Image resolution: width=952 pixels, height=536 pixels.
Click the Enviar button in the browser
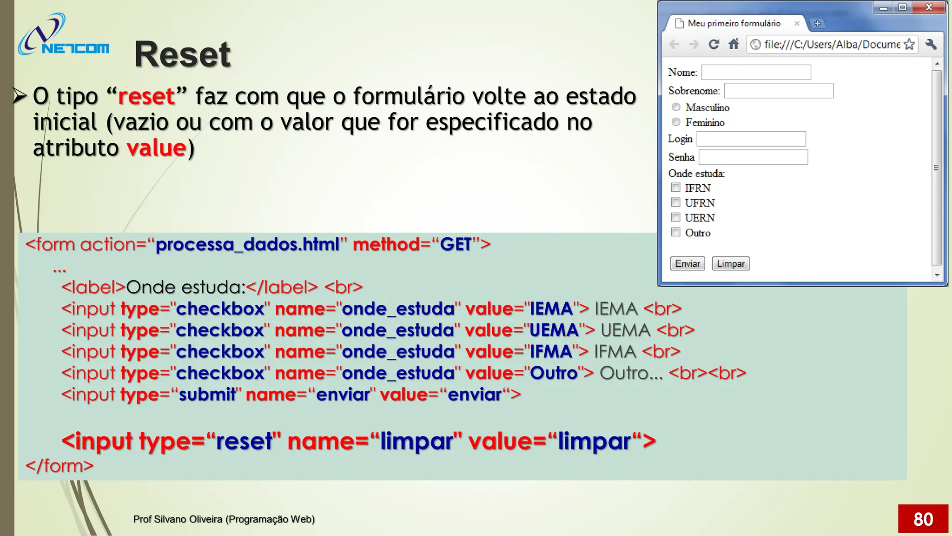(x=687, y=264)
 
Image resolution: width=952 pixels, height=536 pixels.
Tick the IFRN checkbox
(x=676, y=188)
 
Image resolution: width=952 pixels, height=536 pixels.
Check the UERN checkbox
(x=676, y=217)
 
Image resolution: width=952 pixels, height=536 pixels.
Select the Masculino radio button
(x=676, y=107)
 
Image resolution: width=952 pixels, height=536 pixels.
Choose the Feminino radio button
(x=676, y=122)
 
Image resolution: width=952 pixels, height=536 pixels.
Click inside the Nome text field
(x=756, y=73)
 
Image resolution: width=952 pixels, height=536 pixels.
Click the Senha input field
(x=753, y=157)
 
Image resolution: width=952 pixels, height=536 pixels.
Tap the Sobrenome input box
(x=779, y=91)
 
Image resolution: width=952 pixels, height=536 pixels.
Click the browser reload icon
(x=714, y=44)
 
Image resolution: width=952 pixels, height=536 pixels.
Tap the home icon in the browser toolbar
(x=734, y=44)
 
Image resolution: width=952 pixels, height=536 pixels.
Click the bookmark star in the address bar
(x=909, y=44)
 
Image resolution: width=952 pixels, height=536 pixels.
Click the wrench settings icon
(x=931, y=44)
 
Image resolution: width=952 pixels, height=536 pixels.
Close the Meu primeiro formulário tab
(x=797, y=23)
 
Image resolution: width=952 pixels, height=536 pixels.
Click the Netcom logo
(x=63, y=35)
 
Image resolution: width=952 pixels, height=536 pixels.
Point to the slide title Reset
(x=182, y=54)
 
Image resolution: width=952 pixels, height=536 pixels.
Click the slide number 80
(x=923, y=519)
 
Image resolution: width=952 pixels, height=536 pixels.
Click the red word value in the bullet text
(x=156, y=148)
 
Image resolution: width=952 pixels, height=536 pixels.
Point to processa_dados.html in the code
(x=247, y=244)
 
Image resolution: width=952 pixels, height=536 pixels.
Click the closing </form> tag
(x=59, y=466)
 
